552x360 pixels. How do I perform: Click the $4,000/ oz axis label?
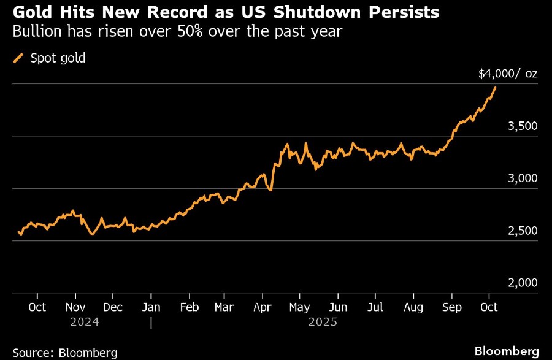click(508, 74)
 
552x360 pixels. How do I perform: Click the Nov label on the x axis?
click(75, 307)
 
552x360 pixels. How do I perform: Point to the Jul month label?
click(375, 307)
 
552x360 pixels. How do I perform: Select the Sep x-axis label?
click(452, 307)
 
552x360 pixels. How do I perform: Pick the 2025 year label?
click(323, 321)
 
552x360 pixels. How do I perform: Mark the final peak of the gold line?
click(496, 88)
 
